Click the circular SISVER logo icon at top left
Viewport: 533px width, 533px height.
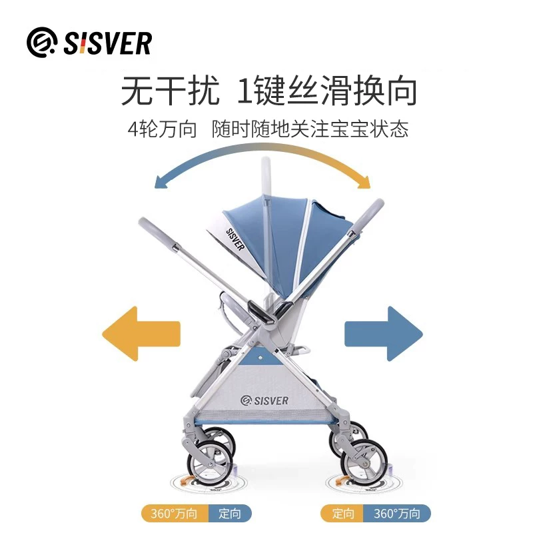pyautogui.click(x=41, y=42)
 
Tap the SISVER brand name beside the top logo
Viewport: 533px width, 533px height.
pyautogui.click(x=108, y=43)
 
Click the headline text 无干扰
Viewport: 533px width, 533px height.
pyautogui.click(x=170, y=91)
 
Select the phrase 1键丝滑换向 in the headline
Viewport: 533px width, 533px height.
pyautogui.click(x=326, y=91)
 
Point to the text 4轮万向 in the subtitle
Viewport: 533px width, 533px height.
pyautogui.click(x=162, y=129)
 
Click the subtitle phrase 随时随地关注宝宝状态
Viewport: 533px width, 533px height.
pyautogui.click(x=310, y=129)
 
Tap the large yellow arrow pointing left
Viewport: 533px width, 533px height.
pyautogui.click(x=141, y=334)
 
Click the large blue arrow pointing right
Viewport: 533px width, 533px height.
pyautogui.click(x=384, y=334)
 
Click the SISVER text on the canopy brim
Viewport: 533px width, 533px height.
pyautogui.click(x=235, y=239)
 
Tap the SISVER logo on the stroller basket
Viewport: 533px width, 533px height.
pyautogui.click(x=265, y=400)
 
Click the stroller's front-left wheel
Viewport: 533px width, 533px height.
pyautogui.click(x=207, y=462)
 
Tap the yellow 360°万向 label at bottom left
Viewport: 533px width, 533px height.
pyautogui.click(x=175, y=513)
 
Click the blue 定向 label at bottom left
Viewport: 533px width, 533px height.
pyautogui.click(x=230, y=513)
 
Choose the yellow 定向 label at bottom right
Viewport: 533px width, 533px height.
pyautogui.click(x=342, y=513)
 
